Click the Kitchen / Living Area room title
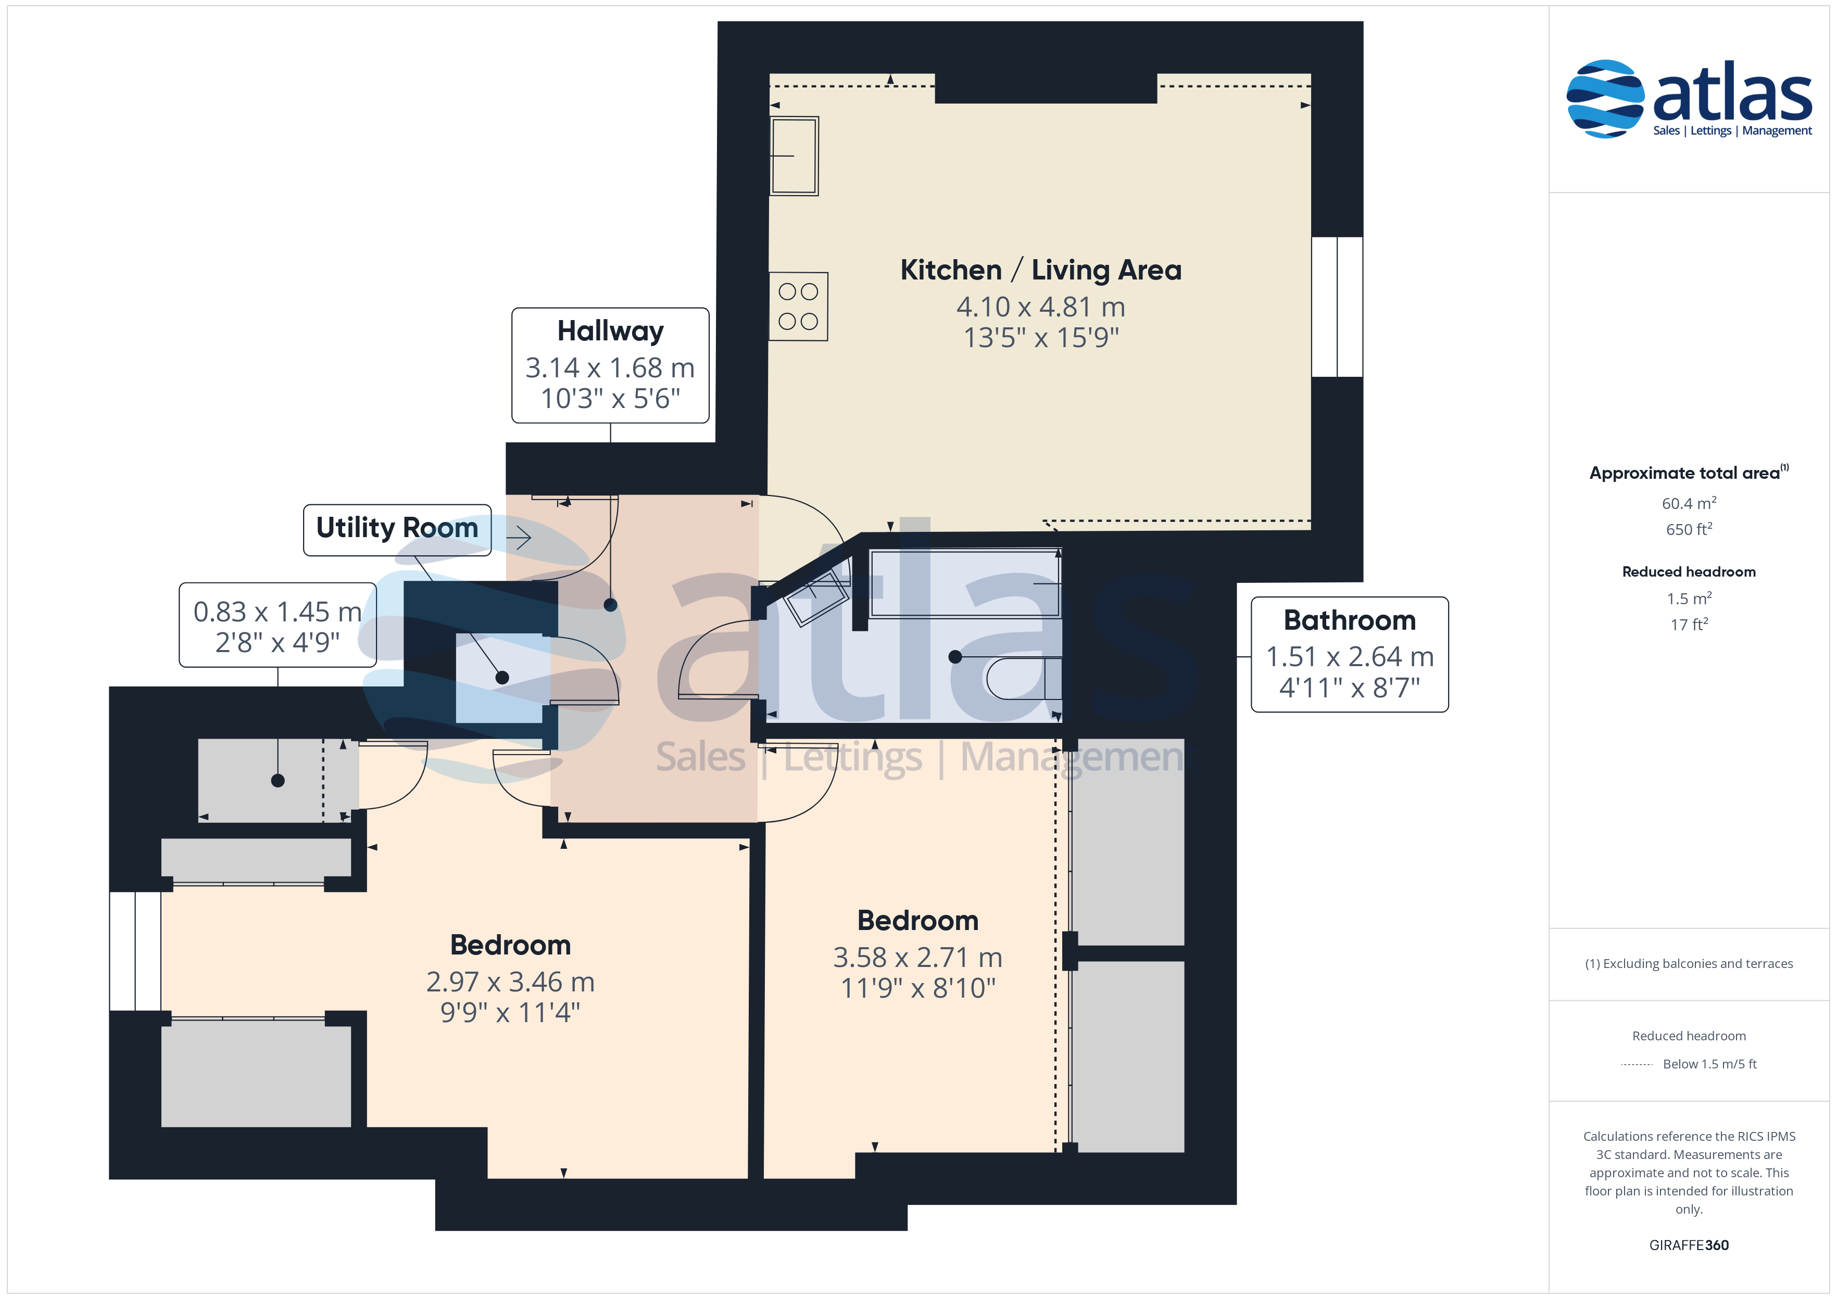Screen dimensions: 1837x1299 tap(1040, 270)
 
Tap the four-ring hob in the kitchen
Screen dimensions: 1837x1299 tap(798, 307)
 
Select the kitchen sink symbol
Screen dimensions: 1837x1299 tap(794, 156)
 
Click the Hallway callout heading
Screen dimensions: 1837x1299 tap(610, 331)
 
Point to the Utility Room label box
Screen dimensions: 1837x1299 tap(397, 529)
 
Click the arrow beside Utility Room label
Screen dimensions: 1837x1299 tap(519, 538)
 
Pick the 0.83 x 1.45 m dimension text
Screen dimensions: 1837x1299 tap(278, 612)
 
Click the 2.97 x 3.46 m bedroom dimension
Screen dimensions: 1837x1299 tap(510, 982)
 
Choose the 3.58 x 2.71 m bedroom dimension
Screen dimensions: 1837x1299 tap(917, 958)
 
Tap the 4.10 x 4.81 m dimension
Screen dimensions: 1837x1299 tap(1041, 307)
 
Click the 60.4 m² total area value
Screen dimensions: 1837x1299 tap(1689, 504)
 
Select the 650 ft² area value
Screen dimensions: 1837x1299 tap(1689, 529)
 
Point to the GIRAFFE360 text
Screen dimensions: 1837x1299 tap(1689, 1245)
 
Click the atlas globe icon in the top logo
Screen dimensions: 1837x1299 tap(1605, 99)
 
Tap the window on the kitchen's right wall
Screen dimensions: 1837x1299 tap(1337, 307)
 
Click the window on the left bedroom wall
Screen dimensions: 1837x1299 tap(135, 951)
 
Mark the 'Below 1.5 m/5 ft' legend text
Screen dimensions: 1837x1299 tap(1710, 1064)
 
